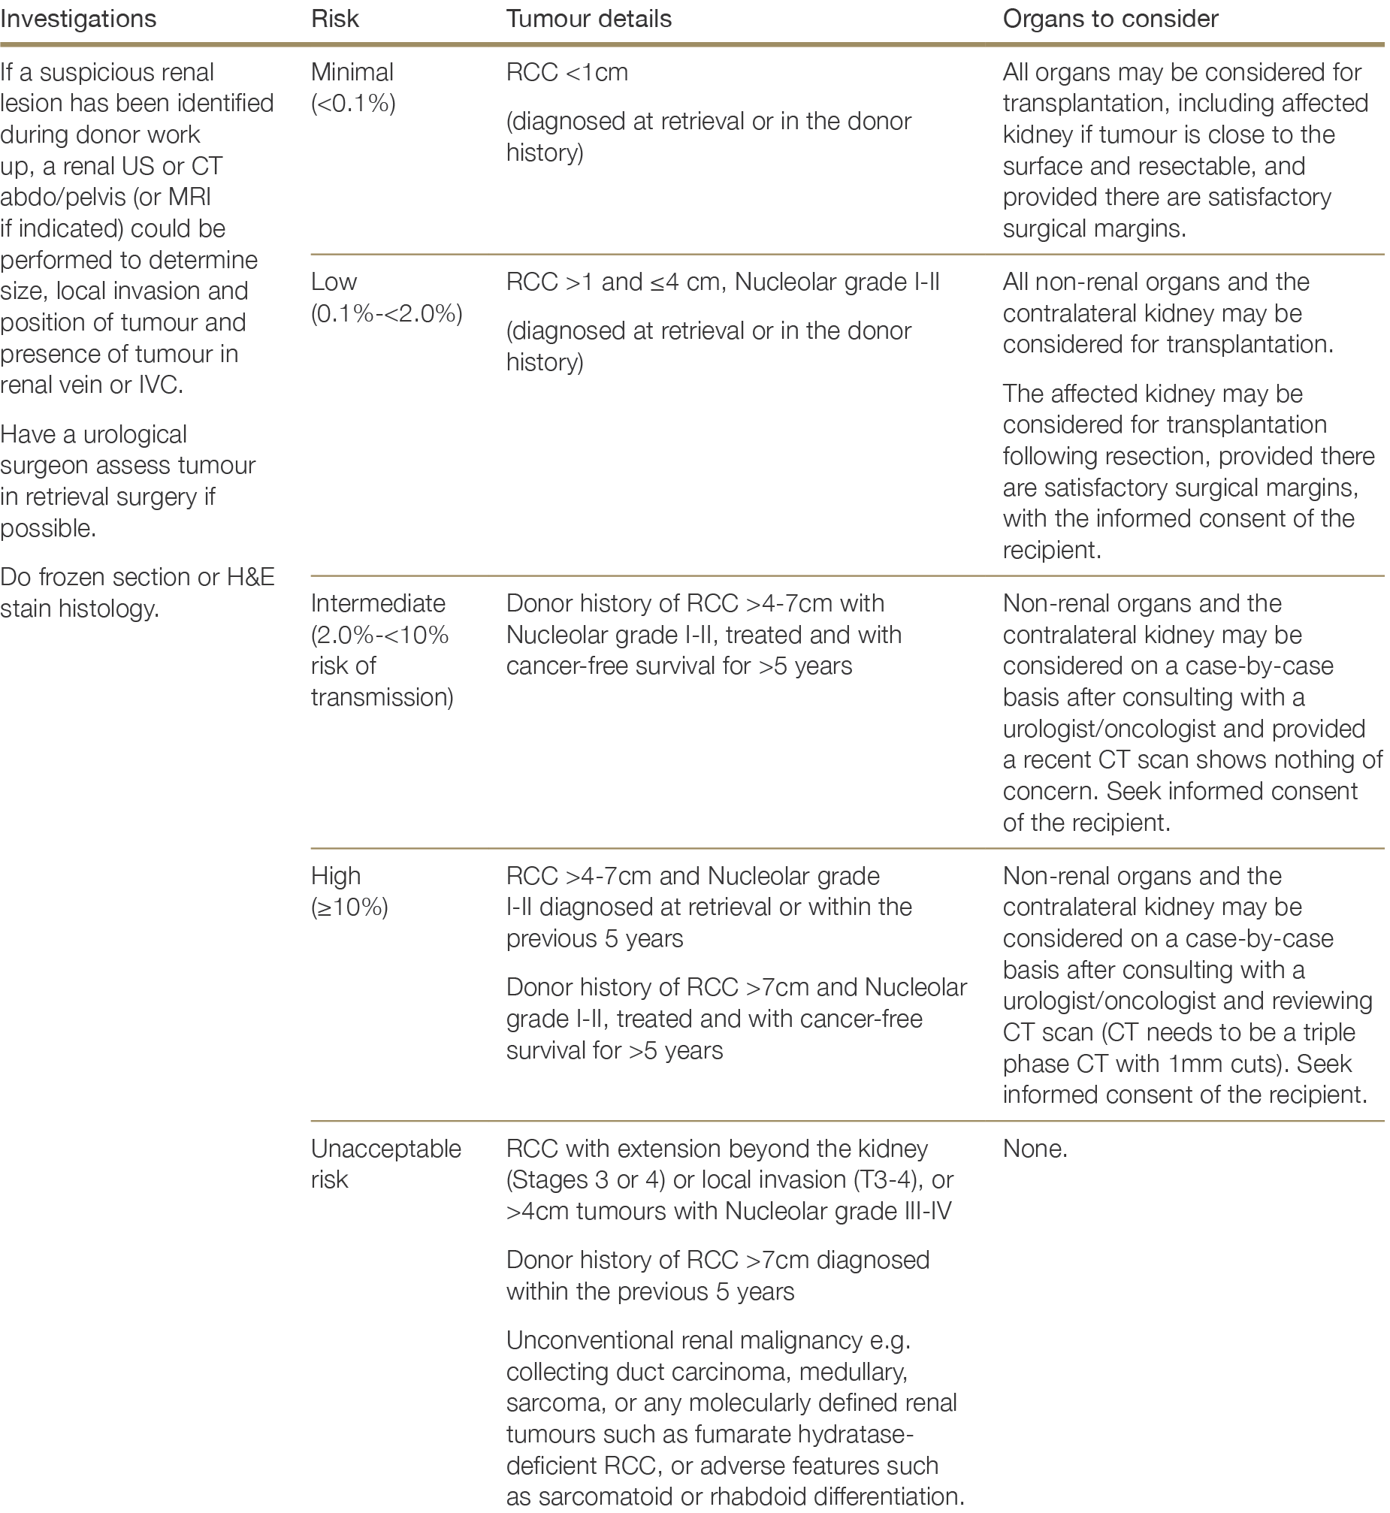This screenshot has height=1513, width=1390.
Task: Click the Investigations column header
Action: tap(78, 19)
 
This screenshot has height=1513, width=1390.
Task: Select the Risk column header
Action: tap(334, 19)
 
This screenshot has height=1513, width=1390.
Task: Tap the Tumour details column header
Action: tap(589, 19)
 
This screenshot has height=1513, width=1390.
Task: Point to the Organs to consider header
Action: tap(1110, 19)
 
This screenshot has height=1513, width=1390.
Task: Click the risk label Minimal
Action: tap(352, 72)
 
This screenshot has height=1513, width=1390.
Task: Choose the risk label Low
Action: tap(334, 282)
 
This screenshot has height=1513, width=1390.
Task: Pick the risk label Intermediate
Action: tap(379, 603)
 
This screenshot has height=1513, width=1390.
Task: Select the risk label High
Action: tap(336, 875)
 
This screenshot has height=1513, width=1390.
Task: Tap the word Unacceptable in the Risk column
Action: tap(386, 1149)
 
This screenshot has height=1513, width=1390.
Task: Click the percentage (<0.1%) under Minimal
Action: tap(354, 104)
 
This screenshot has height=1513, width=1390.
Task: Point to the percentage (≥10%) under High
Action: tap(350, 907)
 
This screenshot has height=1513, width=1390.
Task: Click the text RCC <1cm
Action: tap(567, 72)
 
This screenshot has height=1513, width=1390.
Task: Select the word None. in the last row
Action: tap(1035, 1149)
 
